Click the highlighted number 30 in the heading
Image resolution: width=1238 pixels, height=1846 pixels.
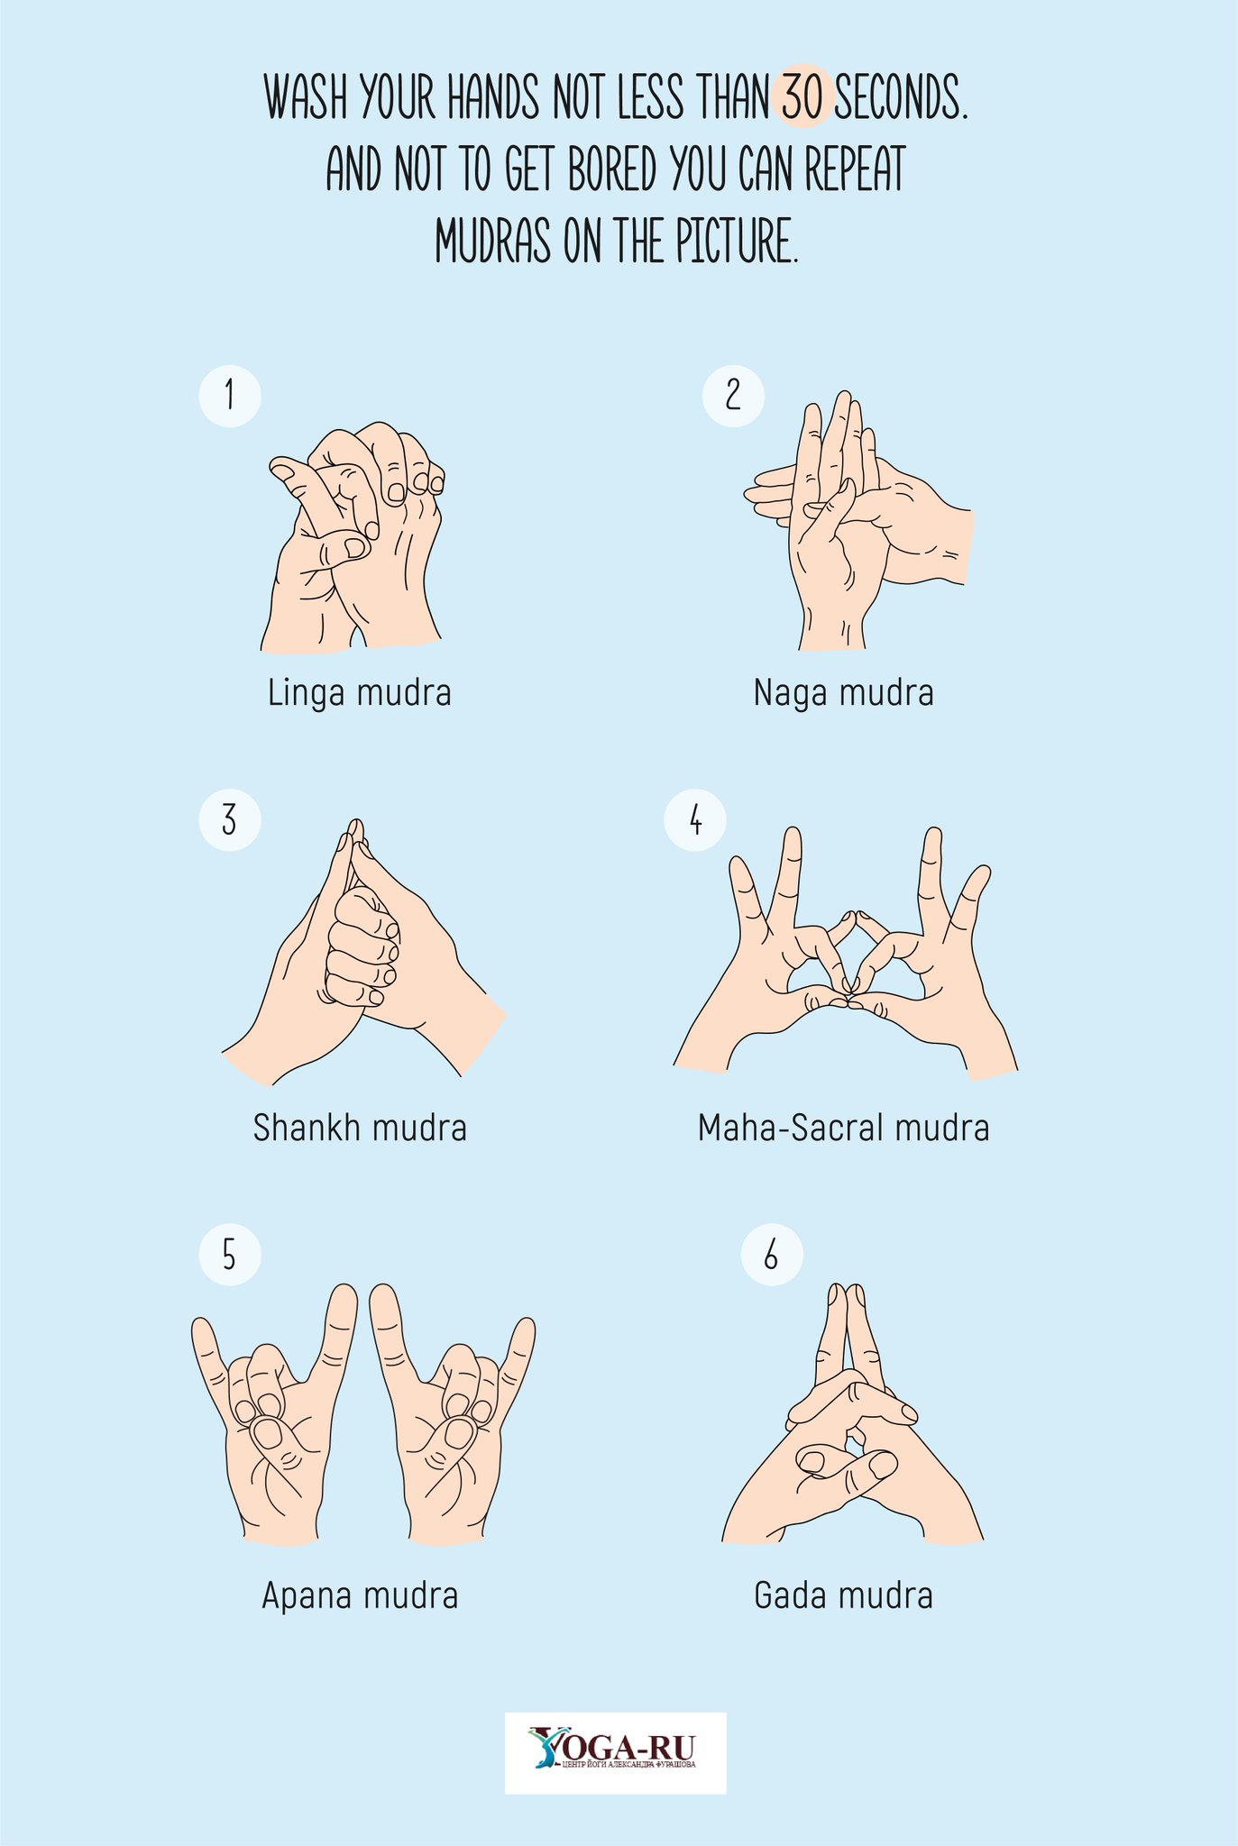pos(802,97)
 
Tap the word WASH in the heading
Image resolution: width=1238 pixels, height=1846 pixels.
pos(306,97)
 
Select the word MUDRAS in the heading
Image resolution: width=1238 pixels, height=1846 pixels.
pos(492,241)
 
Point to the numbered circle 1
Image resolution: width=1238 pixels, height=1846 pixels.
pos(230,395)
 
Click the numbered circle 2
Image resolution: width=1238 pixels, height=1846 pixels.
pos(733,395)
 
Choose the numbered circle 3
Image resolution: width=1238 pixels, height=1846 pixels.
pos(230,820)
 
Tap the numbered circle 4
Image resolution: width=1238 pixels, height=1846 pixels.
pos(695,820)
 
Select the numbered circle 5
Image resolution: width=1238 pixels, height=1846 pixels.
pos(230,1254)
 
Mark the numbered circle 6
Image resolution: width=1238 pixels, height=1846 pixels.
pos(772,1254)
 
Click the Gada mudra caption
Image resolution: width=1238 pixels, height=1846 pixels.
pos(844,1596)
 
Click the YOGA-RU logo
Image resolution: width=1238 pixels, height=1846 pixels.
pos(615,1752)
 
